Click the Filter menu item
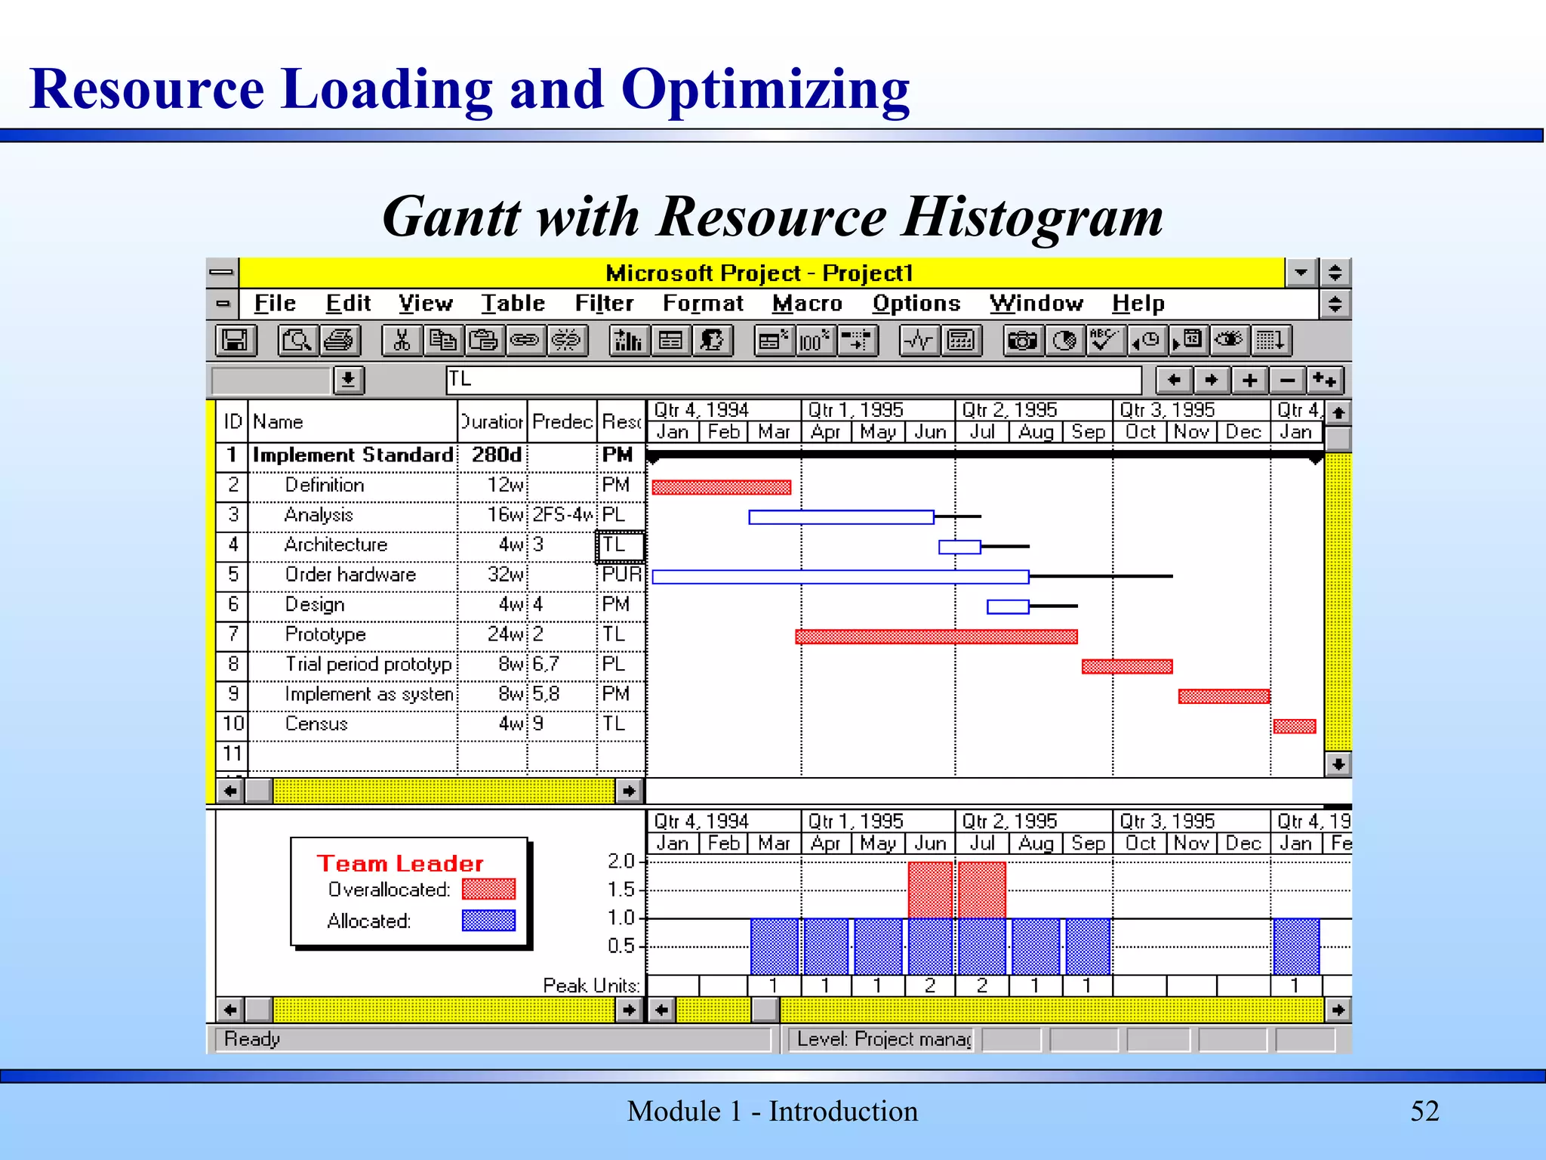point(604,304)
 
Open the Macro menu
point(807,304)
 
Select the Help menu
point(1138,304)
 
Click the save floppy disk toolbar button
point(235,341)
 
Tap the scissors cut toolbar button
point(402,341)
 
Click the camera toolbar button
point(1022,341)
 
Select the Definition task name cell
point(325,485)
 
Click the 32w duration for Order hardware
point(505,575)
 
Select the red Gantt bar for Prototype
point(936,637)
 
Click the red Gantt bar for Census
point(1294,727)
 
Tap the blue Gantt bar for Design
point(1007,606)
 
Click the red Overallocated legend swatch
point(488,889)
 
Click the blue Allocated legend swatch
point(488,920)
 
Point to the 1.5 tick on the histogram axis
point(621,890)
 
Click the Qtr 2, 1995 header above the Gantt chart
point(1009,410)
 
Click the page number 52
point(1424,1111)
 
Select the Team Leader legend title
point(400,863)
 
